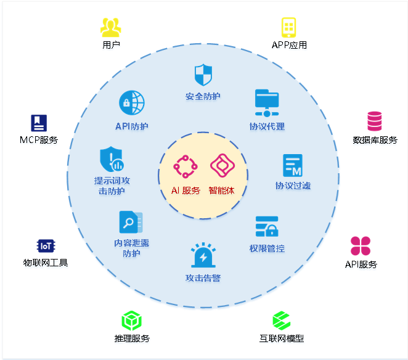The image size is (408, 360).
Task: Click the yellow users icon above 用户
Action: click(111, 27)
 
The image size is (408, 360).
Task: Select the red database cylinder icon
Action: click(375, 121)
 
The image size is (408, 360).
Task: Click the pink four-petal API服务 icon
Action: click(361, 245)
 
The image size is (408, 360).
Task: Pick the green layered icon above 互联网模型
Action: click(281, 321)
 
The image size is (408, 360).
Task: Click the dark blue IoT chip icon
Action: click(46, 246)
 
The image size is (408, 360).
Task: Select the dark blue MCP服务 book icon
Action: click(39, 123)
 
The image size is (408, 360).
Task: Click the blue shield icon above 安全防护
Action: click(203, 76)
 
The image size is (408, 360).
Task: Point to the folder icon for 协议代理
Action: click(267, 103)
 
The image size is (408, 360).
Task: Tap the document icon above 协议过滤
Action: click(293, 165)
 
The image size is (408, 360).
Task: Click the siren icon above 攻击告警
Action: click(203, 256)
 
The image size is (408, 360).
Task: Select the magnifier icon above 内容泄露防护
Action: click(131, 223)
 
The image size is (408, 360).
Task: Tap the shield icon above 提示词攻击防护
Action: click(112, 160)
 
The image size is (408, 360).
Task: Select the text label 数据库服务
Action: click(375, 140)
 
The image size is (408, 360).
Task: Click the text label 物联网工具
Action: click(45, 263)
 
